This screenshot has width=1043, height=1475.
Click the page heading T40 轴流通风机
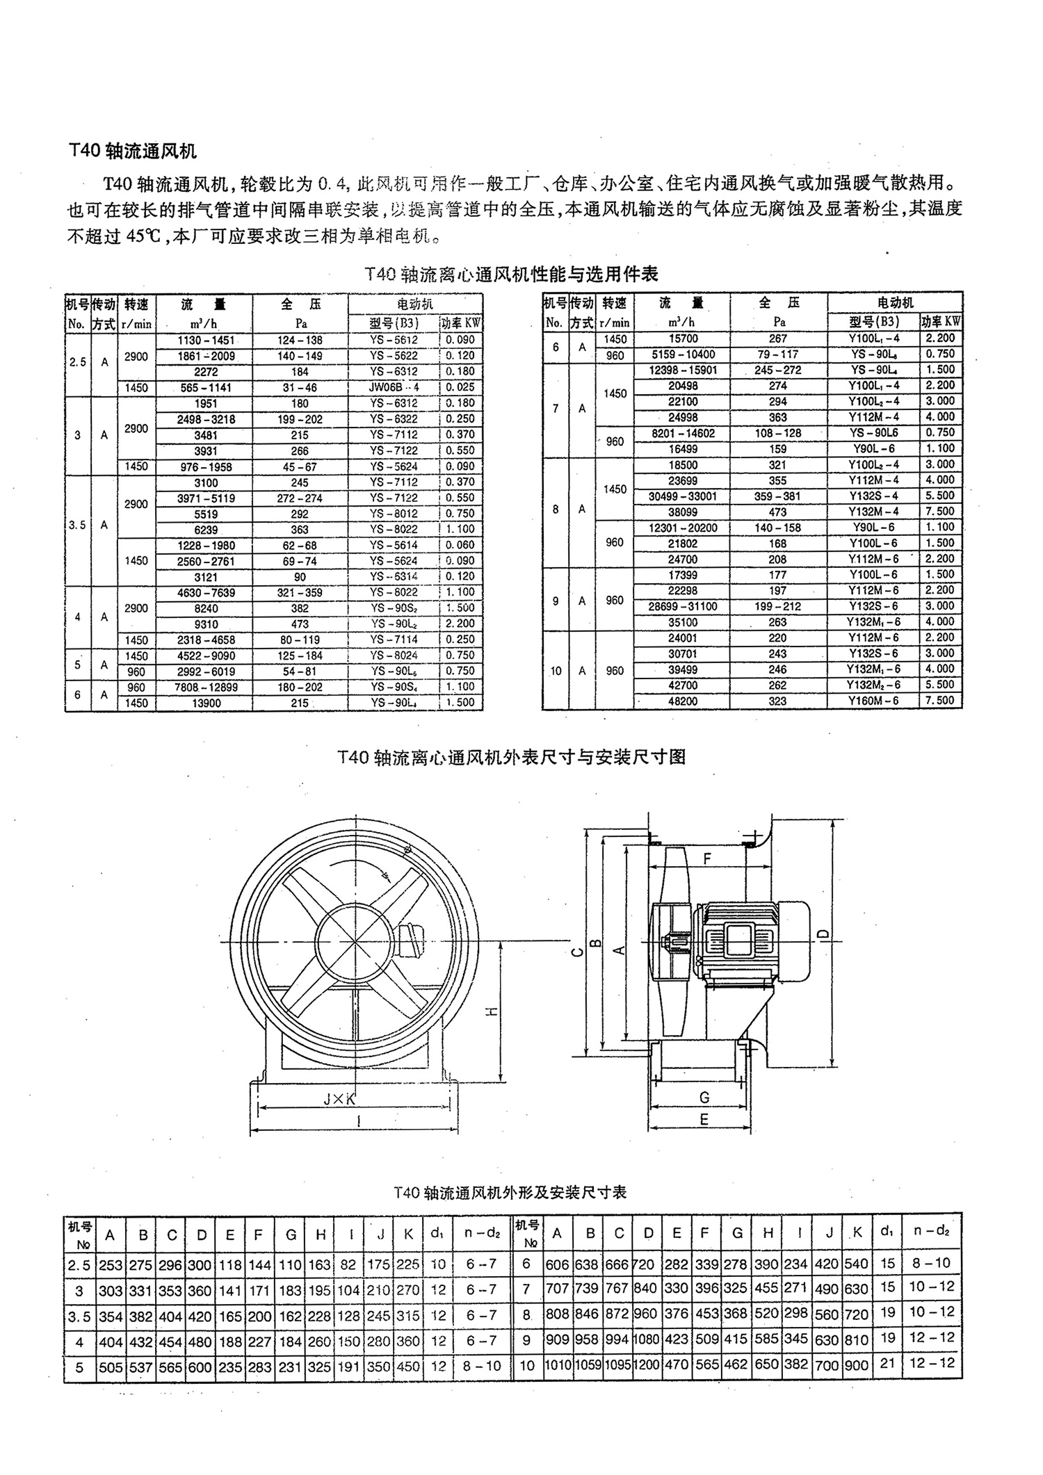(133, 150)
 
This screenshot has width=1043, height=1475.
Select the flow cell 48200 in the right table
(682, 701)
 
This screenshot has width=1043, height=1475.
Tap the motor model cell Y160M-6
(873, 701)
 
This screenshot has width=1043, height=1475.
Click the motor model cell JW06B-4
(394, 387)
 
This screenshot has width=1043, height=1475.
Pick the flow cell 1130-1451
(206, 340)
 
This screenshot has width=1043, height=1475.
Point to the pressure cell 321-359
(300, 592)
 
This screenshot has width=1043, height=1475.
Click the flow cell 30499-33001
(682, 496)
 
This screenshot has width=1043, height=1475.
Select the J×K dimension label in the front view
(339, 1099)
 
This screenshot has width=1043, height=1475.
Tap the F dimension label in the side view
(707, 859)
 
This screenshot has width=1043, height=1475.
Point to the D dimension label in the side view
(823, 935)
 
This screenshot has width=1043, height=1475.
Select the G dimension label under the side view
(704, 1098)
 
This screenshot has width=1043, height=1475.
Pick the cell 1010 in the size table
(558, 1364)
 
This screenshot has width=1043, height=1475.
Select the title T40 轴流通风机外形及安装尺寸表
(510, 1192)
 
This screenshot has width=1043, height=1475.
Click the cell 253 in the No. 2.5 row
(111, 1265)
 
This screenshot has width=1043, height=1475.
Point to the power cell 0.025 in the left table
(461, 387)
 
